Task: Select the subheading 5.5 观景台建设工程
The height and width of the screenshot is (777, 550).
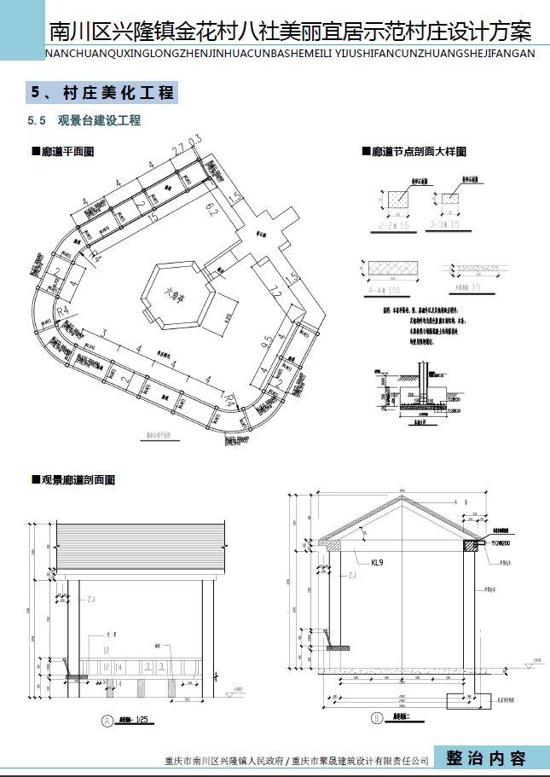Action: pos(84,121)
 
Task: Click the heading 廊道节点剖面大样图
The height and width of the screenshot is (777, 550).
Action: pos(419,151)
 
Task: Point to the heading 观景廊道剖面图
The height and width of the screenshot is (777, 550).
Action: pos(78,480)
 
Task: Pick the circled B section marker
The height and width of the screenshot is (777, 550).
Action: pos(376,718)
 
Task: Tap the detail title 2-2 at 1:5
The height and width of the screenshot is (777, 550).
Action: pos(395,225)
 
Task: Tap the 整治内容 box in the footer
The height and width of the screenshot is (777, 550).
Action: pos(487,757)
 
